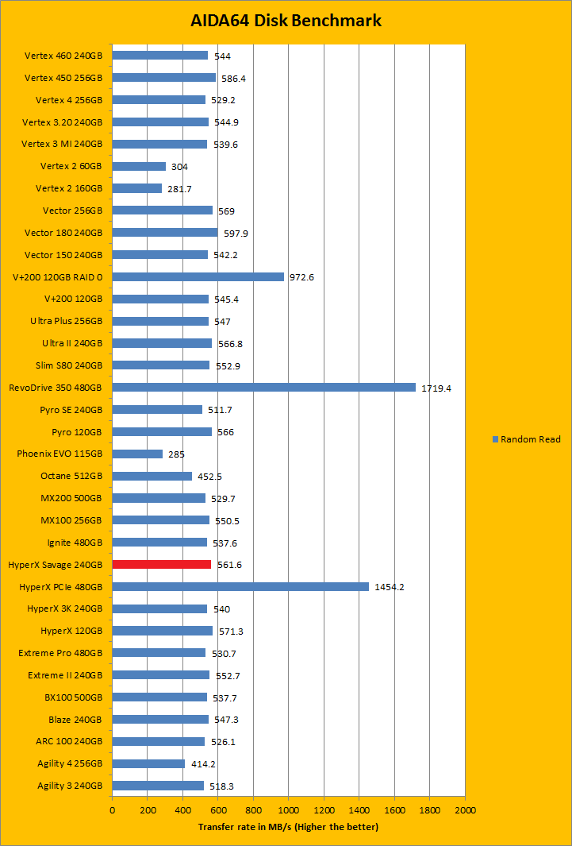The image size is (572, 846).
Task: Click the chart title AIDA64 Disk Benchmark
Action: [286, 21]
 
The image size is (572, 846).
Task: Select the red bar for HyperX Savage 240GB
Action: [162, 565]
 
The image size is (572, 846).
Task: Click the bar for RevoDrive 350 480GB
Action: [263, 388]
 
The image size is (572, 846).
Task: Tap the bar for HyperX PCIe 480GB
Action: [240, 586]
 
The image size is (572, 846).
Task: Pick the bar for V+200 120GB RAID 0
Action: [198, 277]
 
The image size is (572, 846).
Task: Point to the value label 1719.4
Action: [437, 388]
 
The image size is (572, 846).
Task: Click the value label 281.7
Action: [179, 189]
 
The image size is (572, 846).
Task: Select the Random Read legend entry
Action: [526, 439]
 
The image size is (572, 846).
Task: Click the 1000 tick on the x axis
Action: [289, 810]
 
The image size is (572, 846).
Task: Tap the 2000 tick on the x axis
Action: [465, 810]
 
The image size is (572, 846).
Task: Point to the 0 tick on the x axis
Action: [113, 810]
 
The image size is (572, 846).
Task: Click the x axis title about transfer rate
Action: [288, 827]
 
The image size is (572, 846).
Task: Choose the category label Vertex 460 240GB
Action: [63, 56]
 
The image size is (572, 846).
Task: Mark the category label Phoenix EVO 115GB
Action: [60, 454]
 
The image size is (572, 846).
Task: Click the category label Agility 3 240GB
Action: [70, 786]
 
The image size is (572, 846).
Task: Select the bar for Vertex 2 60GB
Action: [139, 167]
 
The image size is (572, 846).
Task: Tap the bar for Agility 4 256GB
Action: [148, 763]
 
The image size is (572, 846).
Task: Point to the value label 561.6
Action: [229, 565]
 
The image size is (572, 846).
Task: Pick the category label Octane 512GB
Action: [71, 477]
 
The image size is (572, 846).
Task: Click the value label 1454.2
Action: [390, 587]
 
